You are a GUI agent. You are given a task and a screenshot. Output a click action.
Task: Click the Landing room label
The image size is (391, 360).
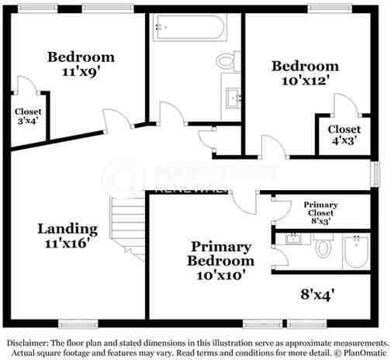68,229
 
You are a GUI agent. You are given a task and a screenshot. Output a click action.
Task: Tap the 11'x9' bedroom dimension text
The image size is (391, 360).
81,71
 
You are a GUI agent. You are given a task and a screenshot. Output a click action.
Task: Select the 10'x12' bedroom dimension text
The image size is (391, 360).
304,80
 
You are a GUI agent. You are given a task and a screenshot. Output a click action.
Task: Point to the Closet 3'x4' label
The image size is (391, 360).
26,113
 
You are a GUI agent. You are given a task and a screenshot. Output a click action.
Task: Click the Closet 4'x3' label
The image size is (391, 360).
343,133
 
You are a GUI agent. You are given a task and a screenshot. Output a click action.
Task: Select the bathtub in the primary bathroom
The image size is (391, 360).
358,251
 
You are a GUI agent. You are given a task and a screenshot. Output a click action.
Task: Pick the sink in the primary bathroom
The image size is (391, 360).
293,239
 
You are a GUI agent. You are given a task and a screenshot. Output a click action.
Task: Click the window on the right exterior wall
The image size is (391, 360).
379,174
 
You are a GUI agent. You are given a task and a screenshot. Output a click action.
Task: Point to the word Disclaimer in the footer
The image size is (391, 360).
28,342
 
